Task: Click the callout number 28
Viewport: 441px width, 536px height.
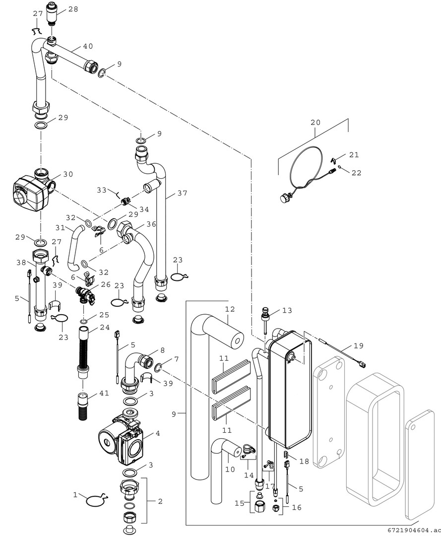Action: tap(73, 9)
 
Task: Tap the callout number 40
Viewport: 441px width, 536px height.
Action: tap(88, 47)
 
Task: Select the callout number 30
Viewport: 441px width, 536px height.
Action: tap(68, 174)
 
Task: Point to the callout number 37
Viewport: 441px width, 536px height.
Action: tap(183, 193)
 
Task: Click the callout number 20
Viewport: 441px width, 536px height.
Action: tap(316, 122)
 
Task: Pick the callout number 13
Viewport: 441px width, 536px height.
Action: tap(287, 310)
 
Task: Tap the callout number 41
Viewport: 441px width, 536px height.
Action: tap(103, 393)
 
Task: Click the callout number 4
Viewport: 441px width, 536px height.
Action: tap(157, 433)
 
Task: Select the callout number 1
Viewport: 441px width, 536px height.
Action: tap(75, 495)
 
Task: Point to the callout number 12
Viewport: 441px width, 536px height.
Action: tap(229, 309)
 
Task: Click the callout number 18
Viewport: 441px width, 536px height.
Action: tap(304, 462)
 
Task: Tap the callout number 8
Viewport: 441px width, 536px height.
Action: tap(162, 350)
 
